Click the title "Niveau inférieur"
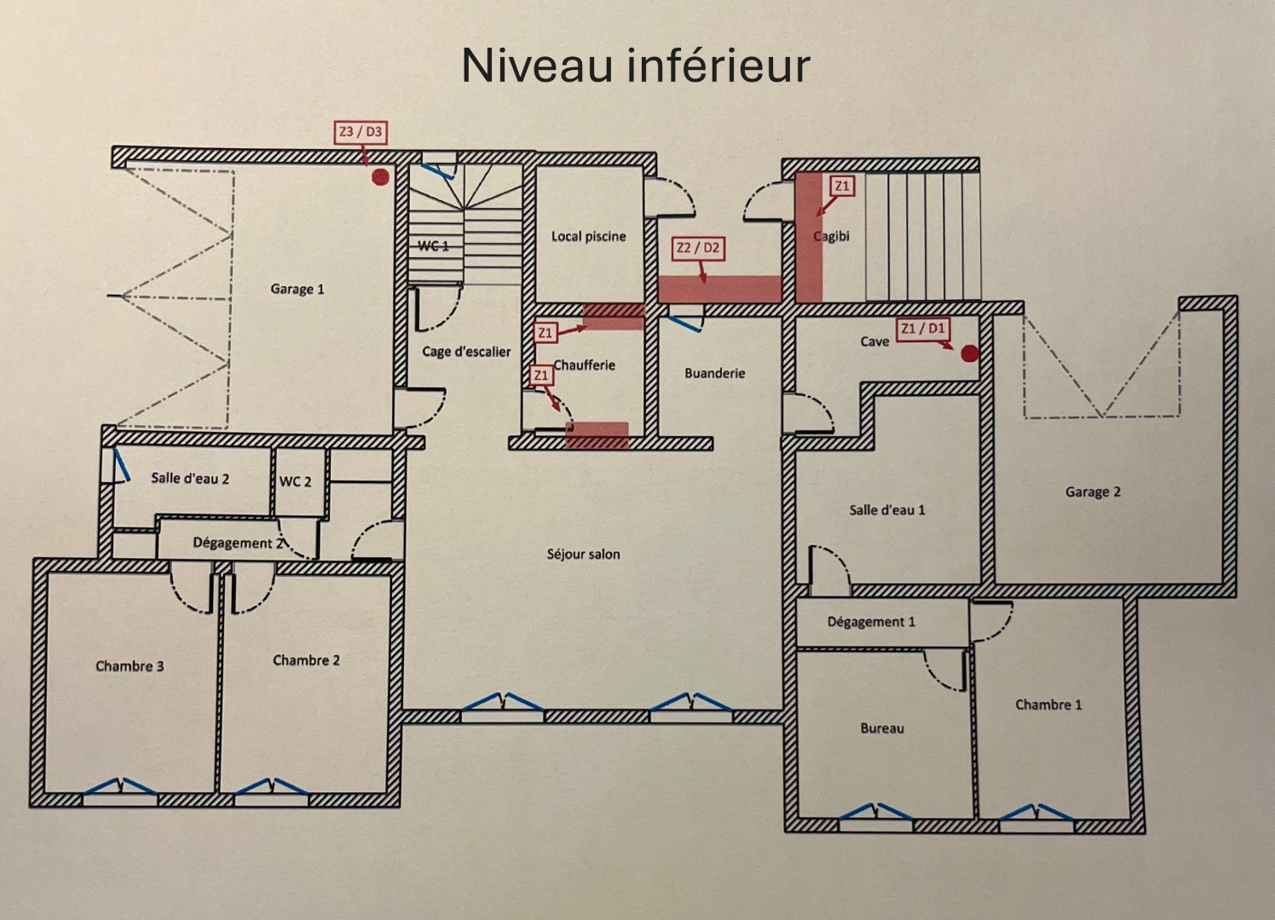click(x=635, y=66)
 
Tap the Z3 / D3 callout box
click(x=361, y=132)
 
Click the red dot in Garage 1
click(x=380, y=176)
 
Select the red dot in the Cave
click(x=969, y=354)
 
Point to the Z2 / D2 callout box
click(x=698, y=248)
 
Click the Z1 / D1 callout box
click(x=923, y=328)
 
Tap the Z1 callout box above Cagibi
click(x=841, y=186)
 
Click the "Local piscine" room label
click(x=588, y=236)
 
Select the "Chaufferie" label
click(x=584, y=365)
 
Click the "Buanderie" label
click(x=714, y=373)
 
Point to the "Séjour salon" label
click(x=583, y=554)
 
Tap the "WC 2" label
click(x=295, y=481)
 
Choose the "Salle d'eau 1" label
click(x=886, y=509)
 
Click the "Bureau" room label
click(x=881, y=728)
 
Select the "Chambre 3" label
click(x=130, y=665)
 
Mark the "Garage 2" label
click(x=1092, y=492)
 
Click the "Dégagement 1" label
click(x=870, y=621)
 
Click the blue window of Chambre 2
click(x=271, y=787)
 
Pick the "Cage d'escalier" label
click(x=466, y=351)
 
